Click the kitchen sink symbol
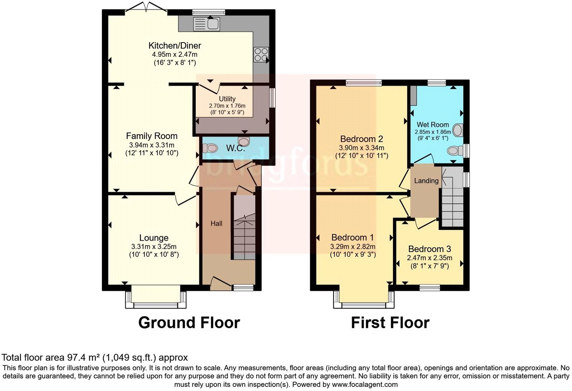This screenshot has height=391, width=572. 206,24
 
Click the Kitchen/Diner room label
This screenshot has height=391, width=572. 175,46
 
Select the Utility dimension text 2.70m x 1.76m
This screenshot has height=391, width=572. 227,106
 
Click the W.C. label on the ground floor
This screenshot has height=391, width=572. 236,148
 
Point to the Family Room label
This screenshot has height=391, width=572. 152,136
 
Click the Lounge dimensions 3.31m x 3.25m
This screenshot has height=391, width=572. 154,247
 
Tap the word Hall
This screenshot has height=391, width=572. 216,223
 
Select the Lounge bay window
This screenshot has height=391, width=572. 156,299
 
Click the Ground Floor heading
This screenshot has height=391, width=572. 189,323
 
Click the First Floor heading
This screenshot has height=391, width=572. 390,323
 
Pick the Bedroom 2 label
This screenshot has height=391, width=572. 358,138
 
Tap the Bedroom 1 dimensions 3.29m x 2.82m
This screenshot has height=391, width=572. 353,247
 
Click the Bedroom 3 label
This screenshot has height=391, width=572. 429,249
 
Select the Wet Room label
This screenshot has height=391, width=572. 432,124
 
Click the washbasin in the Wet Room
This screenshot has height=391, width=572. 458,130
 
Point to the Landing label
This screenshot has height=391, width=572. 426,180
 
